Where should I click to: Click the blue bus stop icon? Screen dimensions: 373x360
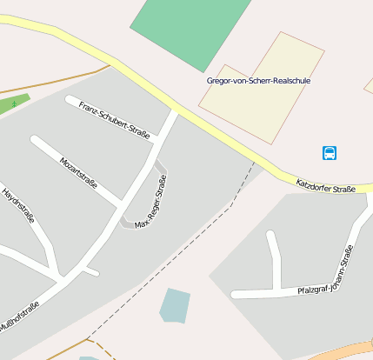[330, 153]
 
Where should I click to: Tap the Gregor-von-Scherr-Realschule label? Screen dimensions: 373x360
[258, 81]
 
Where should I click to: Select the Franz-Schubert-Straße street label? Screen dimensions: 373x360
[114, 120]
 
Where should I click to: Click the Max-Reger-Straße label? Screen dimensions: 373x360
[150, 202]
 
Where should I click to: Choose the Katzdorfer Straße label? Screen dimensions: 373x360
[326, 184]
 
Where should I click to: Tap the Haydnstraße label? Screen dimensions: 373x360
[18, 205]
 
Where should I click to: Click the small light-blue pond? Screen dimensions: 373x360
[174, 305]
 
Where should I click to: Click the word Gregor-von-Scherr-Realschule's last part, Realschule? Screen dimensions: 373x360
[290, 81]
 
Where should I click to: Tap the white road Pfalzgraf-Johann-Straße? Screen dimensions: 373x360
[261, 293]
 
